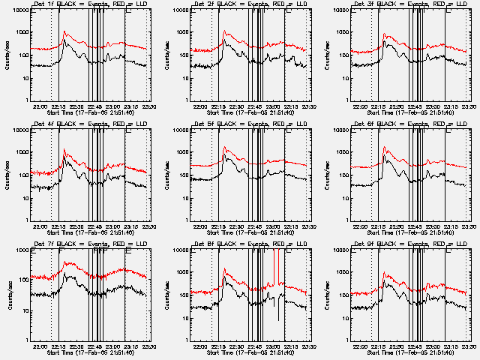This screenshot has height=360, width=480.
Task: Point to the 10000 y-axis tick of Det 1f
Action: [x=21, y=10]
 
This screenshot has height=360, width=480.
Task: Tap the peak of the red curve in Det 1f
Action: [x=64, y=32]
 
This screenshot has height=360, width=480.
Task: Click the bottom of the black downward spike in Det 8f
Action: [x=278, y=321]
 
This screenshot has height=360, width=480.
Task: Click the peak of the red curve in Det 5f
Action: [x=225, y=147]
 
